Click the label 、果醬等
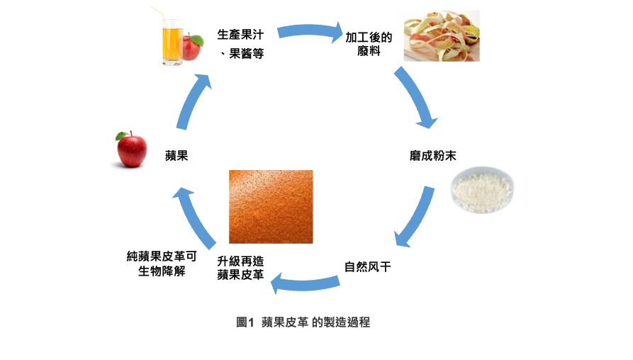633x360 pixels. coord(242,53)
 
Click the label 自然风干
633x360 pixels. coord(368,267)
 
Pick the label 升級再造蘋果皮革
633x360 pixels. coord(241,268)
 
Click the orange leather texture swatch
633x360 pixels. coord(271,206)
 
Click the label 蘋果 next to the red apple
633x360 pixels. coord(177,155)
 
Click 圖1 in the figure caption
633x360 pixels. coord(245,322)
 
